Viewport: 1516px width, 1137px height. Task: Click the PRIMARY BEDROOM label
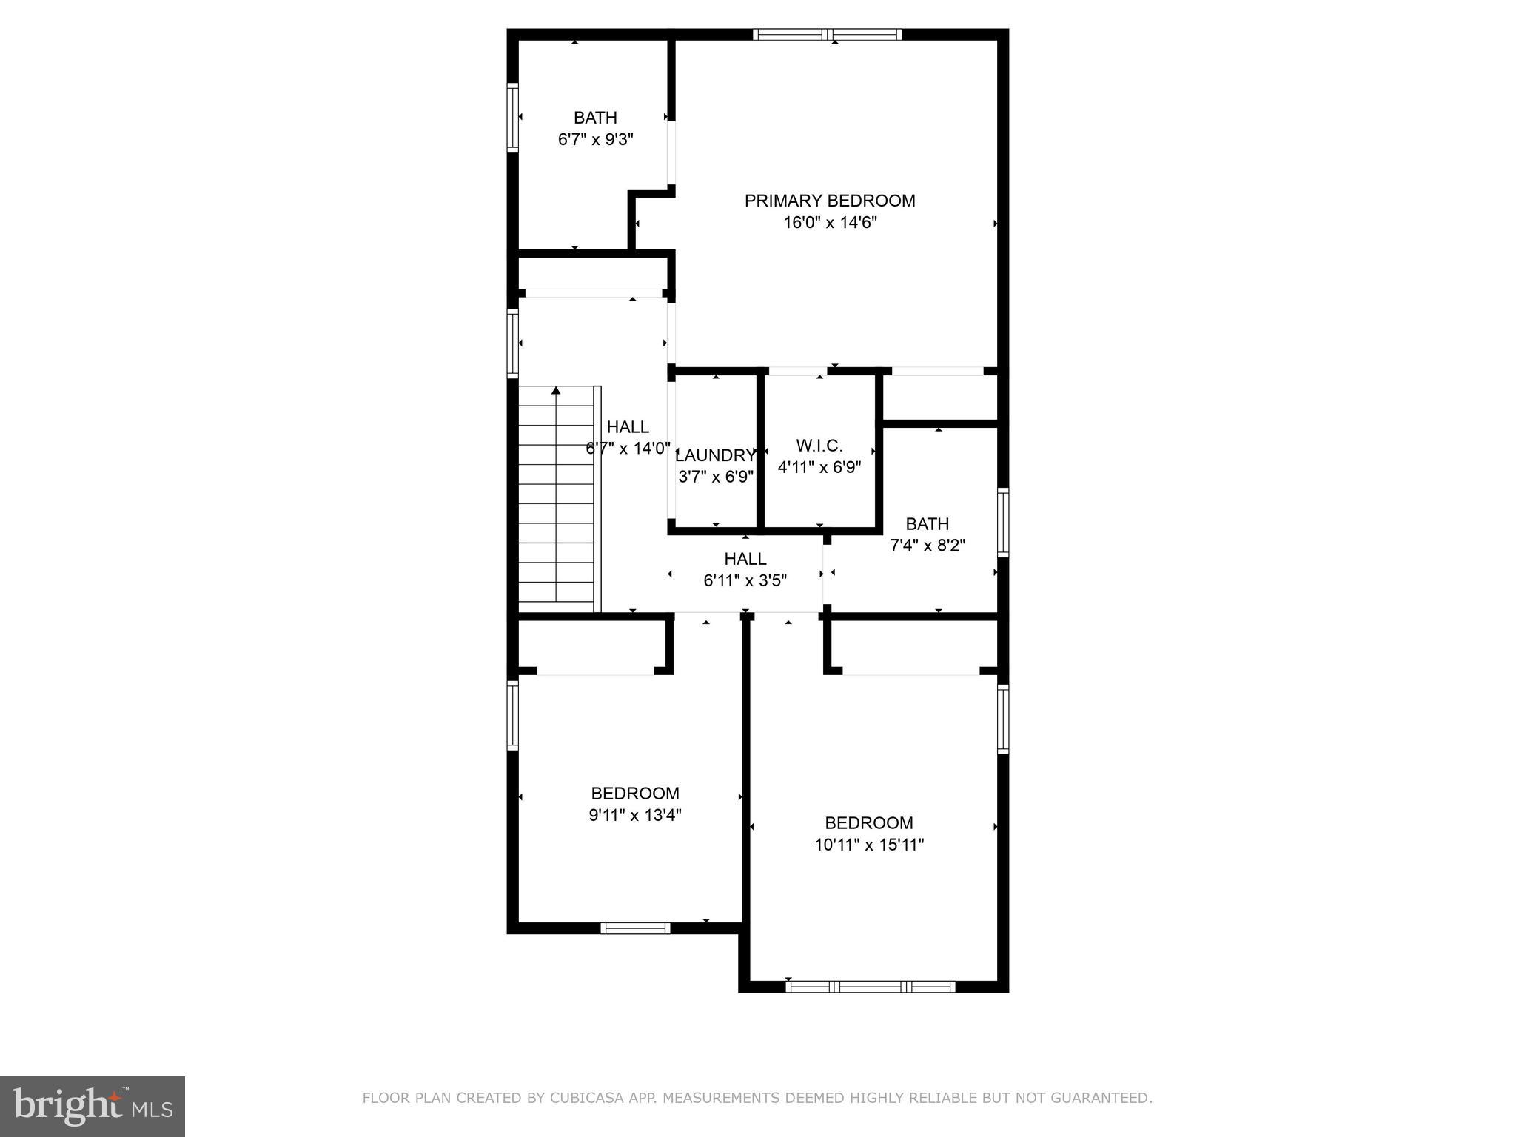829,201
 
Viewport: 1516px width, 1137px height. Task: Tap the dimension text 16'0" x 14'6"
829,223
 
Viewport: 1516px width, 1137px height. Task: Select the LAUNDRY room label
715,455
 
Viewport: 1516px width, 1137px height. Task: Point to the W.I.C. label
819,446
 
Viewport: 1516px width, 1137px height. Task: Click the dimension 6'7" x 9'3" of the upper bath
595,139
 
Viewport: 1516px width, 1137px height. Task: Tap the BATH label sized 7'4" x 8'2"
927,524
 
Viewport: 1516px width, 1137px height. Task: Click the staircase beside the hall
556,503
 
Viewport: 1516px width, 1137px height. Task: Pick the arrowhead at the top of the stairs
556,390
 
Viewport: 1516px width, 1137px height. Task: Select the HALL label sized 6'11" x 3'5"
745,559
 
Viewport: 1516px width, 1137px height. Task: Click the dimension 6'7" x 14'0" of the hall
628,449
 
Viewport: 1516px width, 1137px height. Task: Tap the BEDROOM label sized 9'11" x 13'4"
634,794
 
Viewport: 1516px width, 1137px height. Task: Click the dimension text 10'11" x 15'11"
869,845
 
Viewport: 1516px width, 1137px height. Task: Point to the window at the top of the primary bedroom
828,34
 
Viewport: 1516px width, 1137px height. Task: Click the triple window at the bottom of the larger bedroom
870,986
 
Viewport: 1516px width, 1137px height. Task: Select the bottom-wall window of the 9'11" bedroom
635,928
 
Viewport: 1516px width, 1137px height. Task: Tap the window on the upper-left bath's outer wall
512,118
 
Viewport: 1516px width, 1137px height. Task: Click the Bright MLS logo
93,1106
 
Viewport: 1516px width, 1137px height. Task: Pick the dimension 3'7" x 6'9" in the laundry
715,477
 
